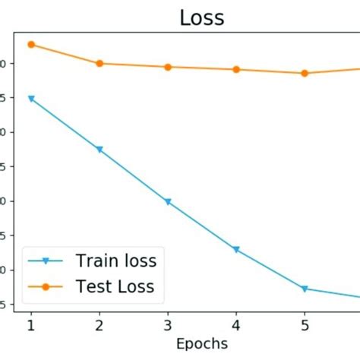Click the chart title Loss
202,17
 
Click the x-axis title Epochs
201,344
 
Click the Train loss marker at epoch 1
31,99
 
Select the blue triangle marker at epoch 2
99,150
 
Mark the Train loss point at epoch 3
168,202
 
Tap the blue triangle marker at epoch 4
236,250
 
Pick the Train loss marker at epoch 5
305,289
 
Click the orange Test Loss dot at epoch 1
31,45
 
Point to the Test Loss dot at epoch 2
99,63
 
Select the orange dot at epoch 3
168,67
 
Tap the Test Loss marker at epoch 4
236,69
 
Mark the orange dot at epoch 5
305,73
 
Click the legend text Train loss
116,261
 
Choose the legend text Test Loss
115,286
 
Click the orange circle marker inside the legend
46,286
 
